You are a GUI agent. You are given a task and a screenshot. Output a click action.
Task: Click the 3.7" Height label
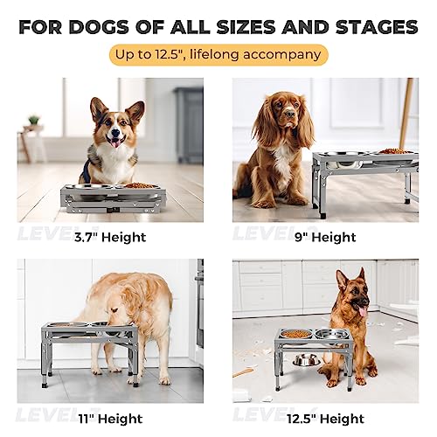(x=109, y=236)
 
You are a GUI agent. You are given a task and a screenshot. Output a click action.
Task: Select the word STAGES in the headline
(x=371, y=27)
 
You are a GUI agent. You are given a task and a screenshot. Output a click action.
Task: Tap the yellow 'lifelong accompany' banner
(x=218, y=56)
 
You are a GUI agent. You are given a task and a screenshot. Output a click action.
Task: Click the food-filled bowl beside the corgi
(x=139, y=185)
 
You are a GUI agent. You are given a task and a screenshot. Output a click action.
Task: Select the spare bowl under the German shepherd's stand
(x=305, y=359)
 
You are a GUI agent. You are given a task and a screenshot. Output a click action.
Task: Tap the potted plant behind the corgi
(x=33, y=121)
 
